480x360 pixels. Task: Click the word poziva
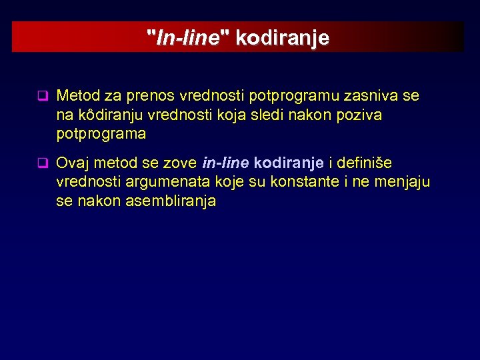[x=358, y=115]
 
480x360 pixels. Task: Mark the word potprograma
[x=101, y=133]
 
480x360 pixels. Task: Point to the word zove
[x=179, y=163]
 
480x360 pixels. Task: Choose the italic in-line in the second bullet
[x=225, y=163]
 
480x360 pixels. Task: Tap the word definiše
[x=365, y=163]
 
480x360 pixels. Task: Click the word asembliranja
[x=171, y=200]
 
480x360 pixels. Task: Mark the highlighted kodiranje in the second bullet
[x=289, y=163]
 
